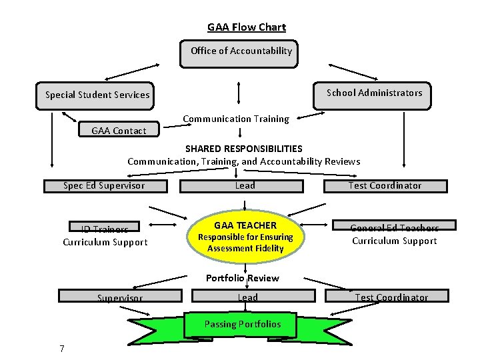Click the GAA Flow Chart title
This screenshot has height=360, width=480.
pos(246,27)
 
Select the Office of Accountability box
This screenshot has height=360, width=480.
pos(240,51)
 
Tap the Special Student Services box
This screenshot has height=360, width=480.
pos(97,95)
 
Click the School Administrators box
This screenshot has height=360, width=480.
pos(374,93)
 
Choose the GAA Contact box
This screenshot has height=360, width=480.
pos(118,130)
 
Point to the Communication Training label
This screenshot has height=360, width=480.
pos(236,119)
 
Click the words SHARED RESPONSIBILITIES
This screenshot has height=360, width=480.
pos(243,148)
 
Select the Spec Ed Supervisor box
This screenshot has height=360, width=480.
pos(103,185)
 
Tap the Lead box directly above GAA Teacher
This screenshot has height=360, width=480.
pos(245,185)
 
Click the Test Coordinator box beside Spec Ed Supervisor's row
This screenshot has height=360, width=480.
pos(385,185)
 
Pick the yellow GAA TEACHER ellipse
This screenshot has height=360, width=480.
pos(245,237)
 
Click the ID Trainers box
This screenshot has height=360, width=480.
pos(105,229)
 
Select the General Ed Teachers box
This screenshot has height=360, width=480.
pos(395,228)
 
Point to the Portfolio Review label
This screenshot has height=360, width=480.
pos(242,278)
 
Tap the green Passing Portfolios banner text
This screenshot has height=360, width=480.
pos(242,324)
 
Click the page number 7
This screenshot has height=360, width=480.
pos(61,349)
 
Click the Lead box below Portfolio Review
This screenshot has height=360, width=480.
pos(247,297)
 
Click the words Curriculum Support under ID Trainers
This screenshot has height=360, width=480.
pos(105,242)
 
